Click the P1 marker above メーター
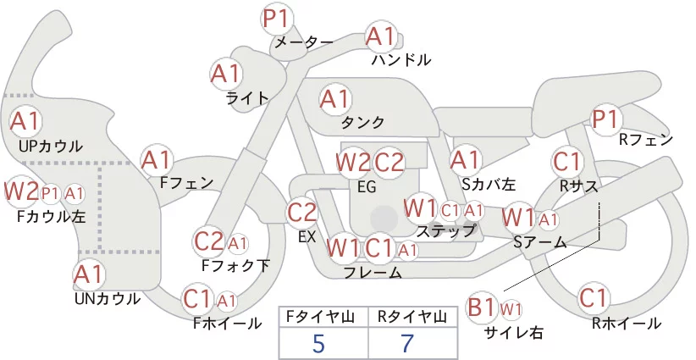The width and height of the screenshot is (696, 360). pos(277,19)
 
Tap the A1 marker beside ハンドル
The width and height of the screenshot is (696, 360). pos(381,37)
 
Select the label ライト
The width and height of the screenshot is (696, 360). pos(248,98)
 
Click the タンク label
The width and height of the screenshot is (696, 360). pos(362,122)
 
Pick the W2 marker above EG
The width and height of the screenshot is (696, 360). pos(352,163)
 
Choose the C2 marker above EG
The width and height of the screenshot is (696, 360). pos(389,163)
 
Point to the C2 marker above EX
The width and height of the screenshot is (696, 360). pos(301,212)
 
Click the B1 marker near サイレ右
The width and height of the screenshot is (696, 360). pos(481,307)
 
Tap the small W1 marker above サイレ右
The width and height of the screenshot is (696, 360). pos(511,309)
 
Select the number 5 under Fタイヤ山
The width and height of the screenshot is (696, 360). pos(319,343)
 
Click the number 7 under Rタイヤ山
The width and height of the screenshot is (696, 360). pos(407,343)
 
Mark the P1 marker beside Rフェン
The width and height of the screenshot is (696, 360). pos(605,119)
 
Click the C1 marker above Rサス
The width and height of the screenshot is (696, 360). pos(566,162)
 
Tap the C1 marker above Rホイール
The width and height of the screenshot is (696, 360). pos(593,298)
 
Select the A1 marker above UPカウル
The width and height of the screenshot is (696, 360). pos(25,121)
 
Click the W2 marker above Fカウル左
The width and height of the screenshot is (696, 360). pos(21,191)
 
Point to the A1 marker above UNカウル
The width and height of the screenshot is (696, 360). pos(89,275)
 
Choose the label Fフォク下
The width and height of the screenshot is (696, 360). pos(235,265)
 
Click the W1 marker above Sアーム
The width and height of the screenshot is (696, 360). pos(518,218)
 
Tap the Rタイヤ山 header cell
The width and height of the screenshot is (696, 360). pos(412,317)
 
